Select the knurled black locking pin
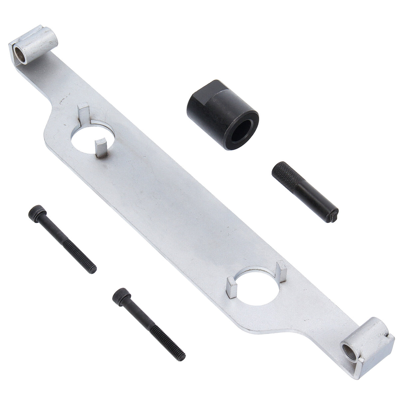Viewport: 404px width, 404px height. pyautogui.click(x=304, y=188)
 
